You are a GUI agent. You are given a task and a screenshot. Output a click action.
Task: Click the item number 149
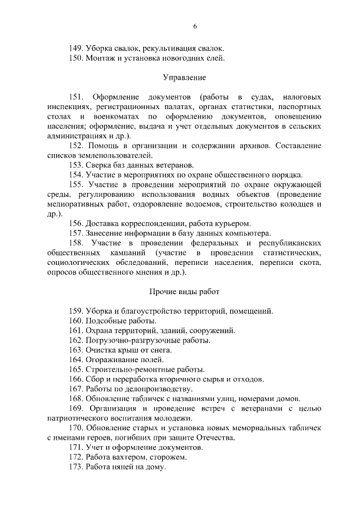76,49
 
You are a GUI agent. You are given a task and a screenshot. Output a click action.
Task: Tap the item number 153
76,165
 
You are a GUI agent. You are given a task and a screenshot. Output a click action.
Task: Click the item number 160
76,321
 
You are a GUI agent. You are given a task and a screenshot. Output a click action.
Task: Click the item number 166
76,379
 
